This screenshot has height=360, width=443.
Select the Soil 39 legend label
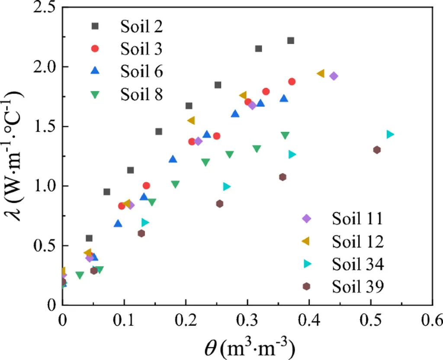point(358,286)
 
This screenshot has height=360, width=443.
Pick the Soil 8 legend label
point(141,94)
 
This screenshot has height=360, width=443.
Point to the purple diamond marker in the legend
point(307,219)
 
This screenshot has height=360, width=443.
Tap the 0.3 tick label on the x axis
point(247,321)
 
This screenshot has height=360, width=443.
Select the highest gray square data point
point(291,41)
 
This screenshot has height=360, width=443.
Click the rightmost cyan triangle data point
point(390,135)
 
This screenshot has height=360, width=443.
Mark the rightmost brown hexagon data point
point(377,150)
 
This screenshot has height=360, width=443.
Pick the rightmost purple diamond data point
point(334,76)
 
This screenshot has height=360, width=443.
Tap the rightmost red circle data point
point(292,82)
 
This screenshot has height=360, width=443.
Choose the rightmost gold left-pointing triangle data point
point(321,74)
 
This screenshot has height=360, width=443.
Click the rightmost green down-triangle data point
point(285,136)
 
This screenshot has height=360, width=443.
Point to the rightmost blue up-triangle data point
point(284,98)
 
